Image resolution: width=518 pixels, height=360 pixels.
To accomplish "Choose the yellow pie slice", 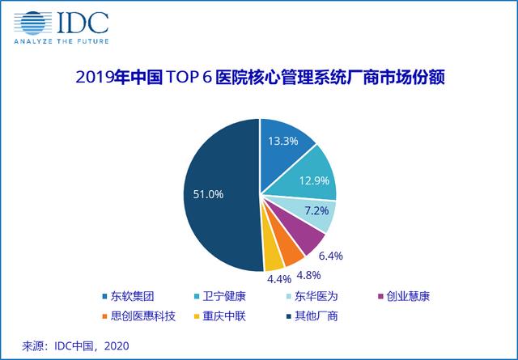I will click(273, 258).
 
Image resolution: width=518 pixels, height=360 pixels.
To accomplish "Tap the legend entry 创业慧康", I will click(405, 297).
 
